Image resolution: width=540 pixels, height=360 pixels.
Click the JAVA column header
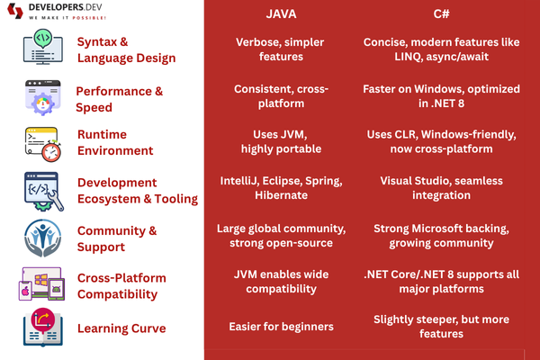coord(281,13)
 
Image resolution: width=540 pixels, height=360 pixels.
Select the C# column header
coord(441,13)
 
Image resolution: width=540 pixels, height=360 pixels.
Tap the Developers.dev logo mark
coord(15,11)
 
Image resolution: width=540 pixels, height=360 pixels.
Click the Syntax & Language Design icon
coord(43,47)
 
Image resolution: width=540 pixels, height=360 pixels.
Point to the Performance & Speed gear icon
coord(42,103)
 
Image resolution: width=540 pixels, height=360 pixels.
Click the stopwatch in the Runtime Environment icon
coord(51,151)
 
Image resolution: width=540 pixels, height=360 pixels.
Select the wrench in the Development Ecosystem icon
coord(56,199)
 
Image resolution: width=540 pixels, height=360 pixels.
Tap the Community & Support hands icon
coord(43,238)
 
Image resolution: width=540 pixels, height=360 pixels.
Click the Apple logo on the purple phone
coord(25,292)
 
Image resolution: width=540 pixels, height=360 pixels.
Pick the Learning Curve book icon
coord(43,328)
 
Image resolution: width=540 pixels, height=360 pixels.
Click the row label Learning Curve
coord(121,328)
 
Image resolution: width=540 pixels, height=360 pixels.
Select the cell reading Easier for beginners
coord(281,327)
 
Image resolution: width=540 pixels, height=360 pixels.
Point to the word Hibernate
coord(281,195)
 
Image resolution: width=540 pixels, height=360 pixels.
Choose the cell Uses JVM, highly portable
coord(281,141)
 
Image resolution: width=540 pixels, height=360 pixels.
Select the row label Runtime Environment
coord(115,142)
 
